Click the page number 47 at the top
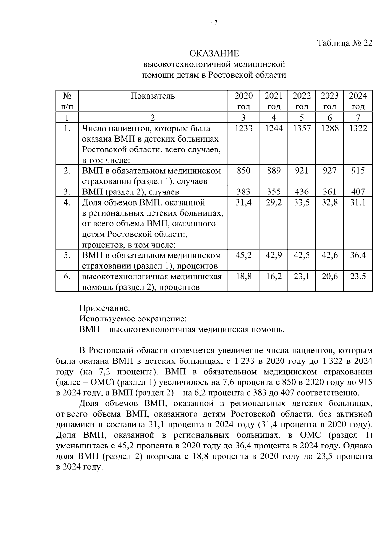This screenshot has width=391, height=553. tap(214, 22)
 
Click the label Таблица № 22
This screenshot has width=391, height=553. tap(344, 43)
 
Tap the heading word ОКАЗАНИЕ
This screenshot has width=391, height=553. tap(214, 53)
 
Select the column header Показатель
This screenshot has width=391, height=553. tap(153, 96)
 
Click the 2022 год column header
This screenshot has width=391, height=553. tap(302, 101)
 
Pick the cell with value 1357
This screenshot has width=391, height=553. tap(302, 128)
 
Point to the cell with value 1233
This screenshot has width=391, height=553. tap(243, 128)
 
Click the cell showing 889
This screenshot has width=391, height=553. tap(274, 171)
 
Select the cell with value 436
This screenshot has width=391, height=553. tap(302, 191)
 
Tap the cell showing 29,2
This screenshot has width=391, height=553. tap(274, 203)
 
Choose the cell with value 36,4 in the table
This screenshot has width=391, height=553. tap(358, 255)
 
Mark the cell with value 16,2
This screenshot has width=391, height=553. tap(274, 276)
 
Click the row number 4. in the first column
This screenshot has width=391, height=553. tap(67, 203)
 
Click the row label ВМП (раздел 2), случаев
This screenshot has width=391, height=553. tap(130, 192)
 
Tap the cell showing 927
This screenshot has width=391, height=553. tap(329, 171)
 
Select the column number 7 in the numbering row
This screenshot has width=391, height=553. tap(358, 118)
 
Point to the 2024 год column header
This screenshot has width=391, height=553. tap(358, 101)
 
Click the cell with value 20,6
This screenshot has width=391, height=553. tap(329, 276)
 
